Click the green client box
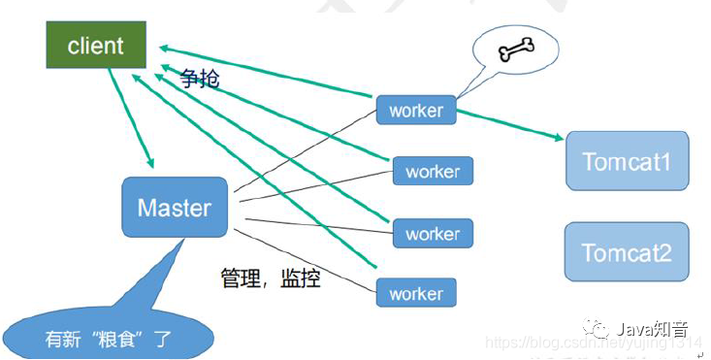click(x=96, y=45)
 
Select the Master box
click(x=175, y=208)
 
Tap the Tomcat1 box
click(x=626, y=159)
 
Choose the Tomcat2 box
click(x=626, y=252)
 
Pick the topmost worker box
click(x=416, y=110)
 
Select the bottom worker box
click(x=416, y=293)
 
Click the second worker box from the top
click(x=432, y=172)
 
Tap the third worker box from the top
click(x=432, y=234)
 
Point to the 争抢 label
click(x=199, y=79)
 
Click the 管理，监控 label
click(x=271, y=279)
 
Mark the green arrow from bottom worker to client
click(x=252, y=175)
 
